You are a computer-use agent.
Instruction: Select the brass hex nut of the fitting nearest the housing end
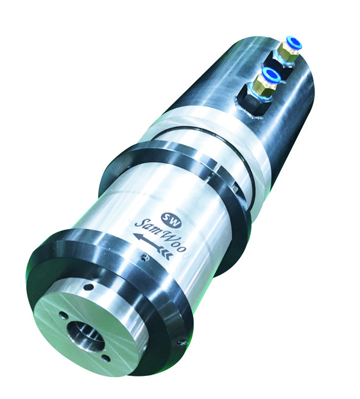284,51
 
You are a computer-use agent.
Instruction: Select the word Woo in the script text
176,242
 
